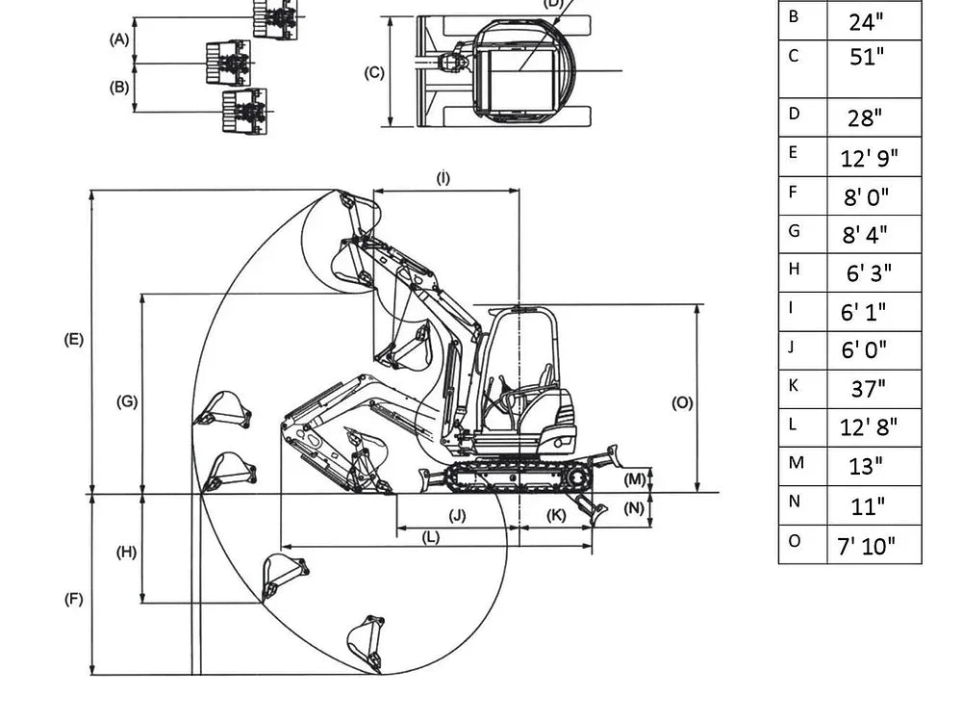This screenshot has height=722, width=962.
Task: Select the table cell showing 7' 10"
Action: click(866, 546)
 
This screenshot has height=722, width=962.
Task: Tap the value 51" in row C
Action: click(866, 58)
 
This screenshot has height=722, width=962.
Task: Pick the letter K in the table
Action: click(794, 385)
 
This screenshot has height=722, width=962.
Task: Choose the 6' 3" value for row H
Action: click(869, 273)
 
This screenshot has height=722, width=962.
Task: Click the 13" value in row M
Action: click(866, 467)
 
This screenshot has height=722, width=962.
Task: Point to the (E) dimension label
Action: click(74, 340)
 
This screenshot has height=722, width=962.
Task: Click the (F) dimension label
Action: click(74, 599)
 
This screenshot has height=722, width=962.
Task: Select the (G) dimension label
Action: click(127, 401)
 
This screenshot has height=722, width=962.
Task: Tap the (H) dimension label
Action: click(127, 552)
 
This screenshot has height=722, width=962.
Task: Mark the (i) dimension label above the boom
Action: click(443, 178)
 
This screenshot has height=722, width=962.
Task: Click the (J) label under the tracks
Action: click(457, 516)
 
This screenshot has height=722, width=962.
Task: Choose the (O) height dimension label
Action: click(682, 403)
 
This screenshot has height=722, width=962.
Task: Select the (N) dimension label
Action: click(633, 508)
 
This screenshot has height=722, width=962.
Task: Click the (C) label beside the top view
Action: click(375, 72)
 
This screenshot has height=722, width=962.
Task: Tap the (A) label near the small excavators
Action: click(119, 39)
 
